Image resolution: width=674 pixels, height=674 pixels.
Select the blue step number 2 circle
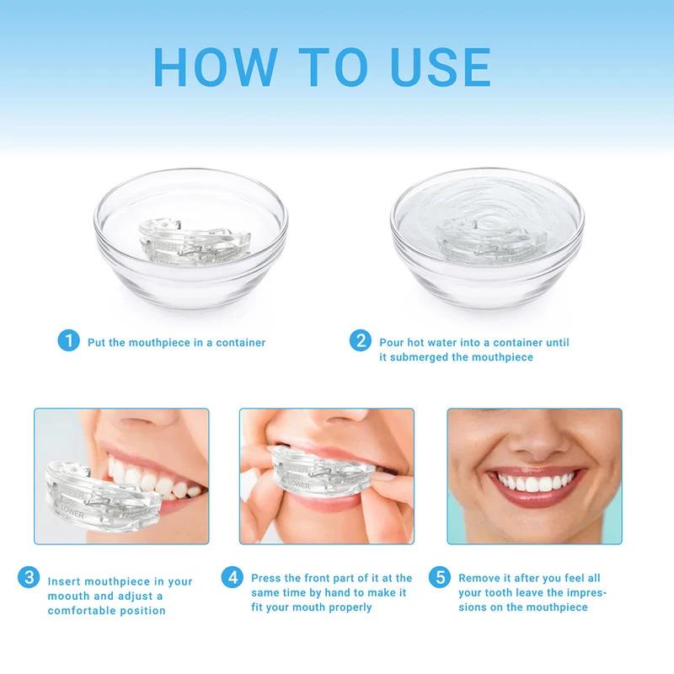point(361,341)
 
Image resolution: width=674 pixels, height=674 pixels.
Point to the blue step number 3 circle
point(29,578)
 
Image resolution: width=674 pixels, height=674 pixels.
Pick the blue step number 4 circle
point(233,578)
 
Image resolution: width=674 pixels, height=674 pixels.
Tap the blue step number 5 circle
point(439,578)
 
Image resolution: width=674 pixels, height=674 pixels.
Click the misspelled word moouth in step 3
point(71,596)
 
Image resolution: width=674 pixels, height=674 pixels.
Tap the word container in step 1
point(238,343)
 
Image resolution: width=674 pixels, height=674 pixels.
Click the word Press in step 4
point(266,578)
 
